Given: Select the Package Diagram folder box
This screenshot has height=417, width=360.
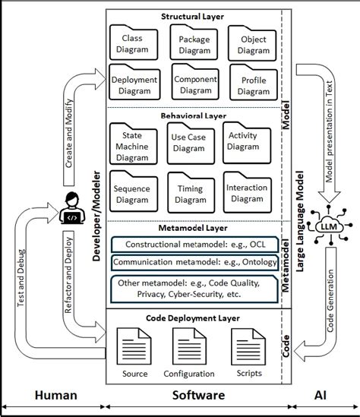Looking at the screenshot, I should coord(194,44).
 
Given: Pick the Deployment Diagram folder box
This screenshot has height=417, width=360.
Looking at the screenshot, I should coord(134,84).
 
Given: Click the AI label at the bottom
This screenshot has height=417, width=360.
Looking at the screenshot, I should coord(324,396).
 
